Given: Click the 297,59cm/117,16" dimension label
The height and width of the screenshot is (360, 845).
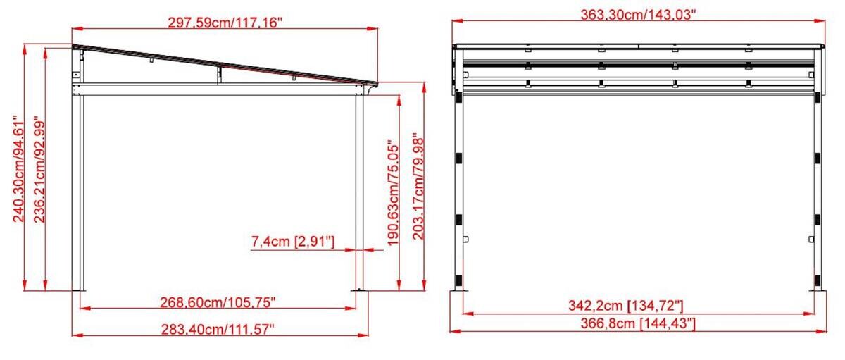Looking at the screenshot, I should (225, 23).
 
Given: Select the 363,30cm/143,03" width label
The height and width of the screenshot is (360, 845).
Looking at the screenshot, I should (638, 14).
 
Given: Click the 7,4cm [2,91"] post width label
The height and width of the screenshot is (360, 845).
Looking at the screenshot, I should (292, 242).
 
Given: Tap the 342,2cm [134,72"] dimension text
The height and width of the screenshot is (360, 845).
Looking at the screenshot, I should (626, 306).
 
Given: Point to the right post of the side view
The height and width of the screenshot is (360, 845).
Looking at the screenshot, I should (358, 190).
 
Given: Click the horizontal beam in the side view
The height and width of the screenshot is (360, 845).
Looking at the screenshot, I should (218, 88).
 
